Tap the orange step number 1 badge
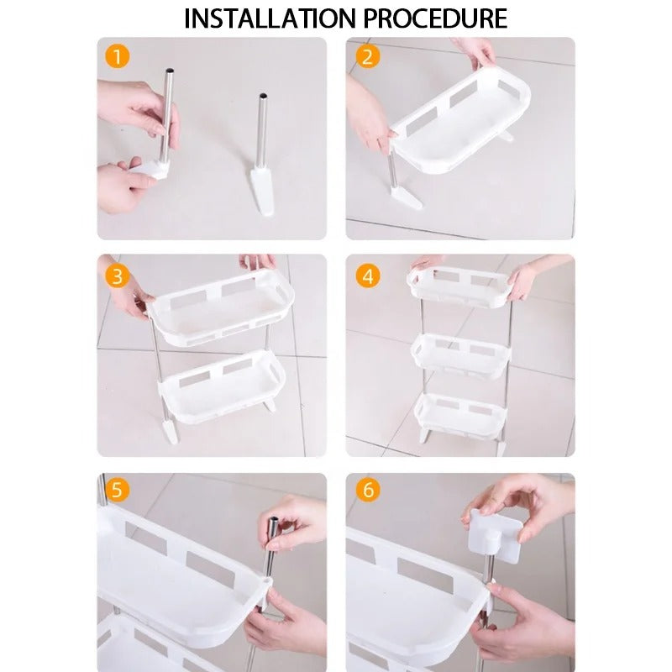(x=118, y=57)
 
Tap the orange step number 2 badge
(x=367, y=57)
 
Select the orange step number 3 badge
(x=118, y=276)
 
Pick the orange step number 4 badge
(x=367, y=276)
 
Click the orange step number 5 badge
(x=118, y=490)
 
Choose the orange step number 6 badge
(x=367, y=490)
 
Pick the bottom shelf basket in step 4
(x=460, y=412)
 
